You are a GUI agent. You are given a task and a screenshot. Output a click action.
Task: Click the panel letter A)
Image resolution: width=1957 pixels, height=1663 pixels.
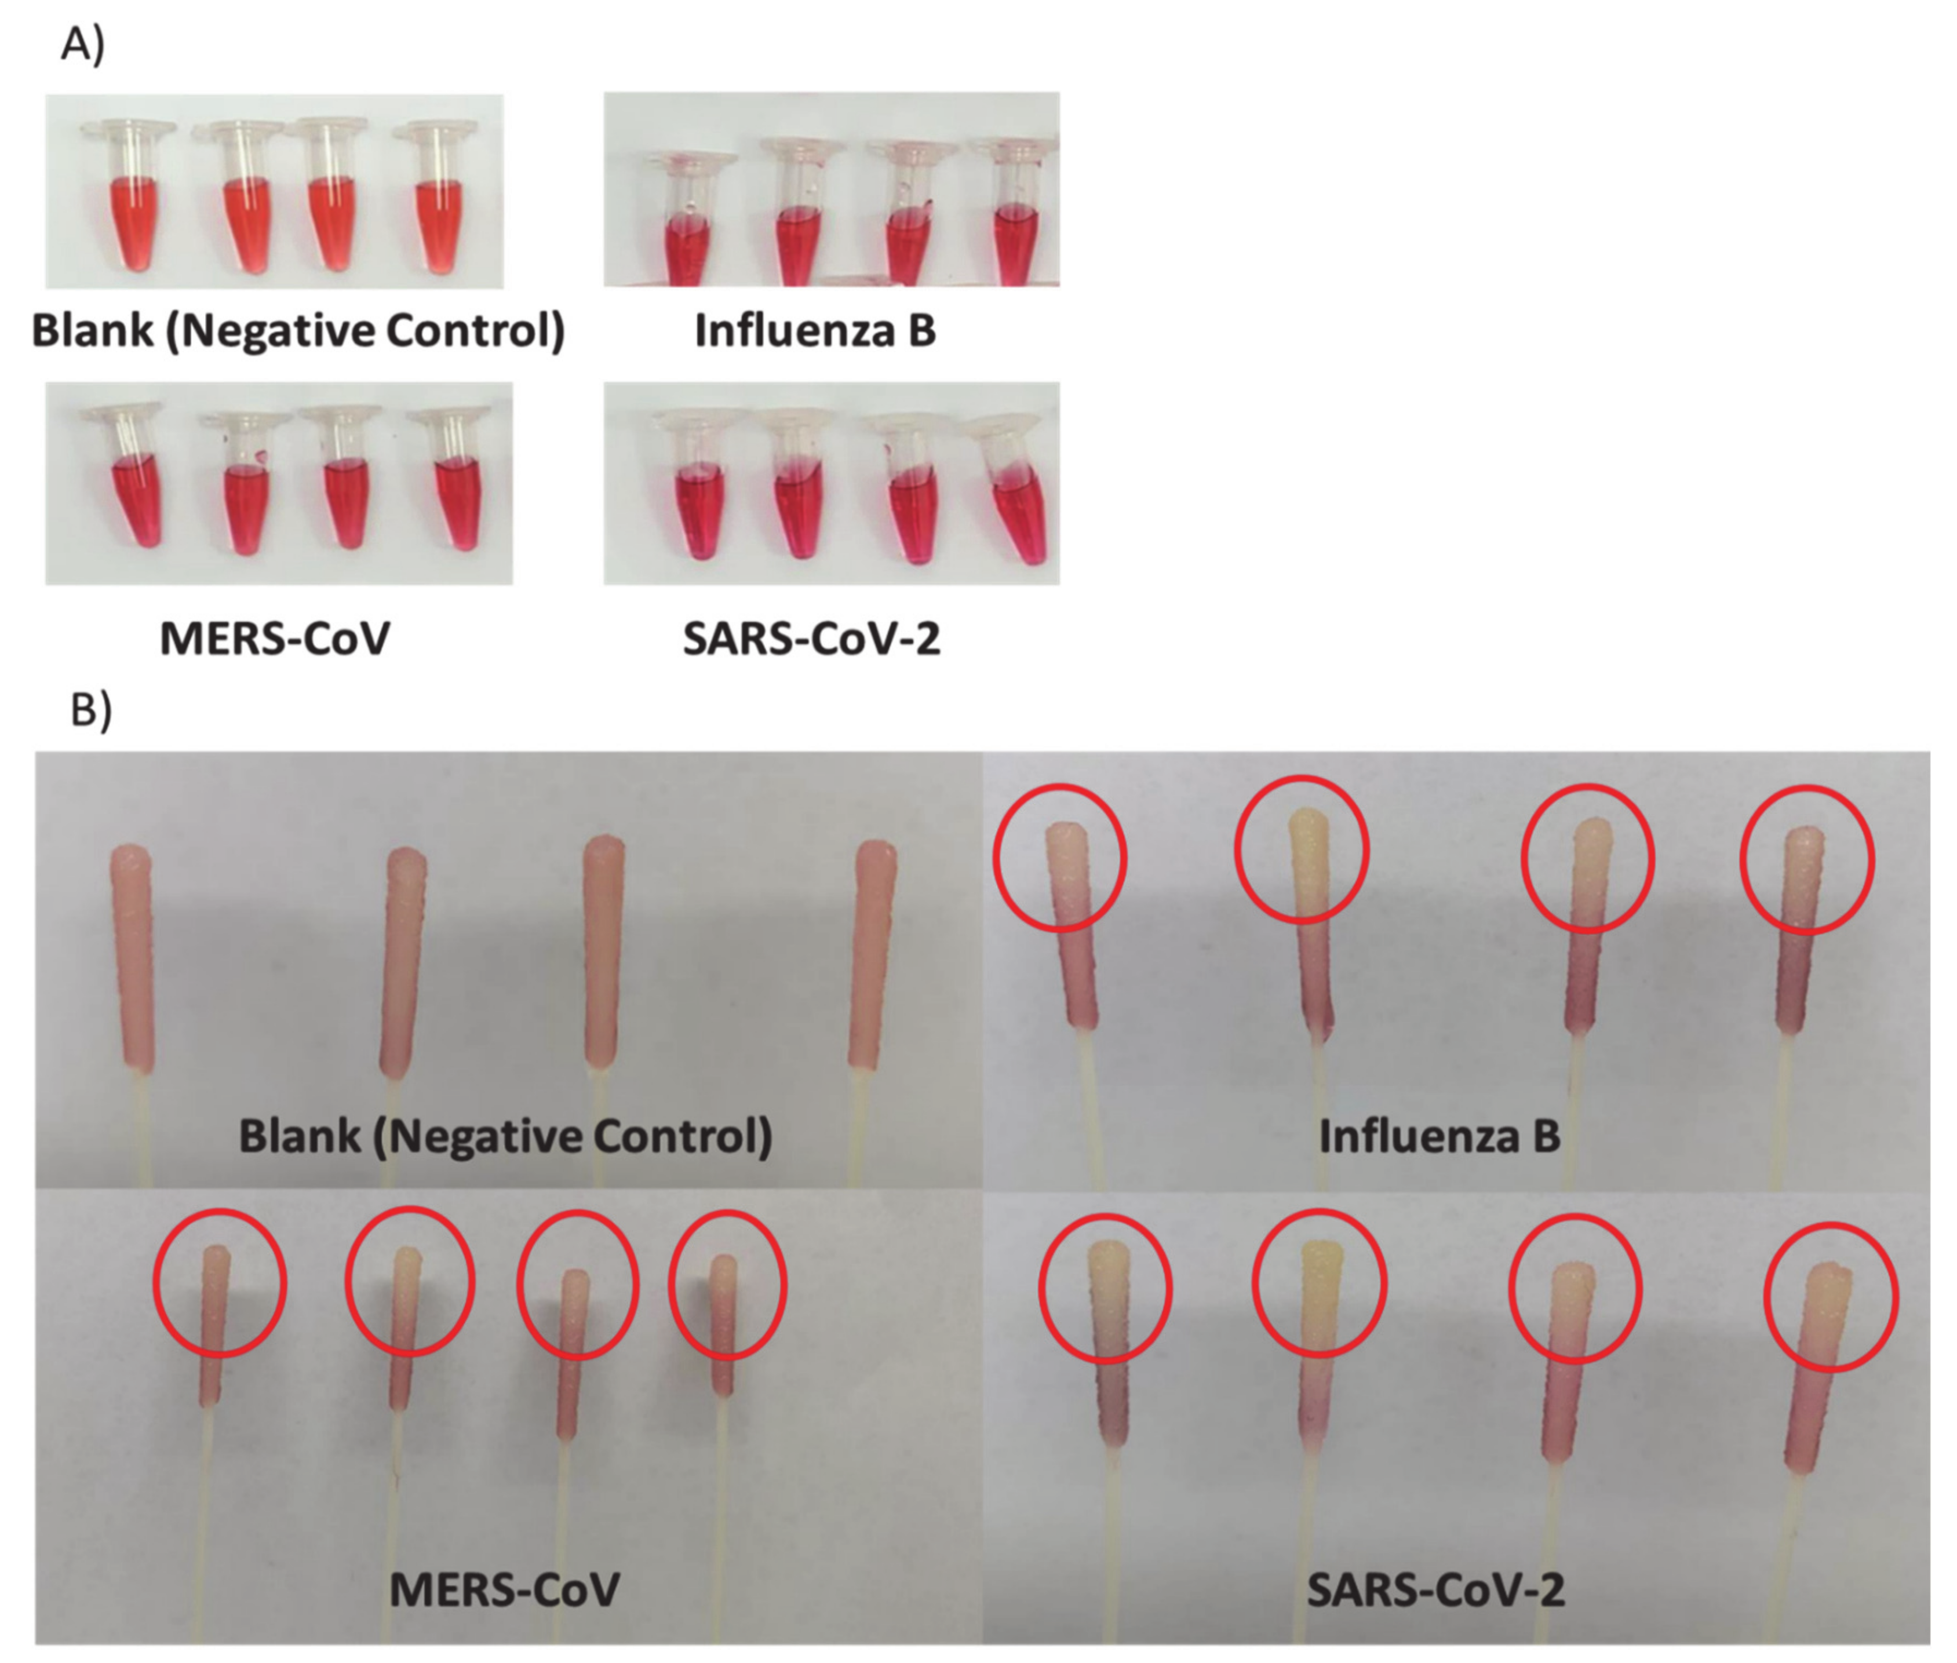[82, 44]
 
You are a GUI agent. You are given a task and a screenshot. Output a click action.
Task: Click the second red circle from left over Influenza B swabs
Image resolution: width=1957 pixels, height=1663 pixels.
[1302, 848]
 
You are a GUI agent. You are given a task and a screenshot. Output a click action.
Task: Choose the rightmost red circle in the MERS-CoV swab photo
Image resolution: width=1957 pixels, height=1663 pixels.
[727, 1284]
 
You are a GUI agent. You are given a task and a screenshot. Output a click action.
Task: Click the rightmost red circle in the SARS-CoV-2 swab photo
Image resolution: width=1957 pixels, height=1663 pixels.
[1831, 1296]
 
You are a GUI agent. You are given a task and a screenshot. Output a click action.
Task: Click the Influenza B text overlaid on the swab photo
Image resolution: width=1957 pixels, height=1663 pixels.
[1438, 1136]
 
